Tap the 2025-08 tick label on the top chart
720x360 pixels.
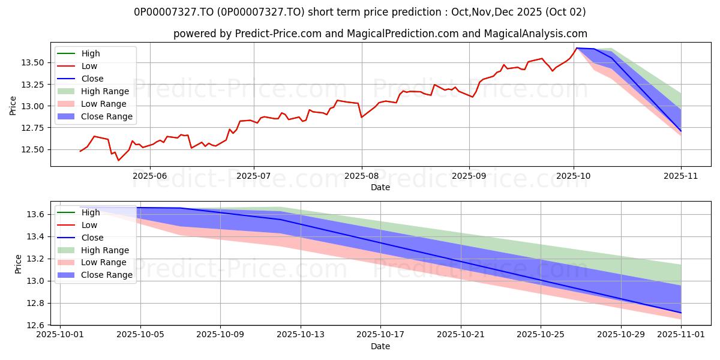(x=361, y=176)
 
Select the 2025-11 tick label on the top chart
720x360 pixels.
(x=681, y=176)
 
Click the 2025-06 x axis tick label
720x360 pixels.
(x=149, y=176)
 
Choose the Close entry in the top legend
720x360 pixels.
(x=92, y=79)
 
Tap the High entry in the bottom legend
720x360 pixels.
(x=91, y=212)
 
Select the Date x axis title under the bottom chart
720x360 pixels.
(x=380, y=346)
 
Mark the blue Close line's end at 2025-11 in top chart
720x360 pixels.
(x=681, y=131)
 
